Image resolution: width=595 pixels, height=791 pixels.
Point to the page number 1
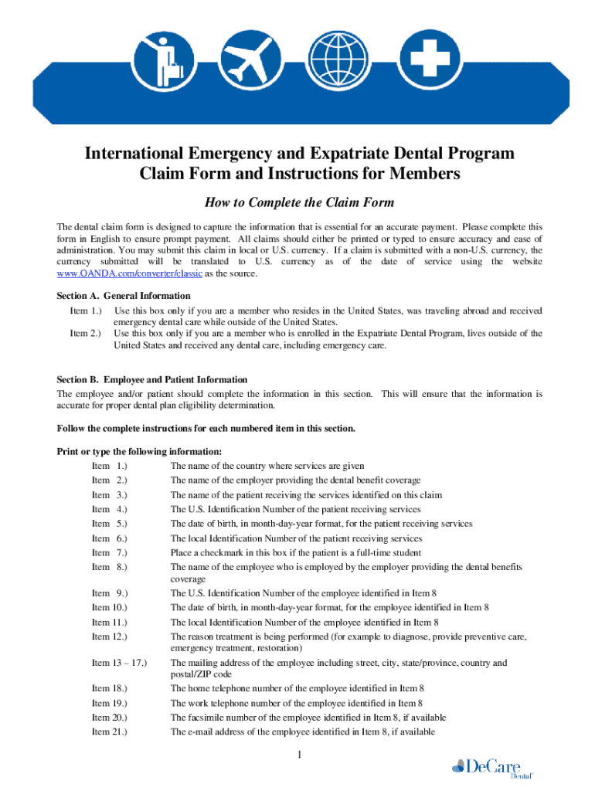[297, 755]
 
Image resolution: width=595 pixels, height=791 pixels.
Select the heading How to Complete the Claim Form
[299, 203]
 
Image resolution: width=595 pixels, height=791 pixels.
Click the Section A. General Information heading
[124, 296]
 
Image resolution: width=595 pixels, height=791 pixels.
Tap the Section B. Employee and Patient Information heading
[152, 380]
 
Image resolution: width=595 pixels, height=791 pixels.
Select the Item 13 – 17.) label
[119, 663]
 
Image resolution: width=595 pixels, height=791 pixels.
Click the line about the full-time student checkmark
[296, 552]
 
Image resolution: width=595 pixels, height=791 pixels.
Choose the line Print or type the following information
[140, 452]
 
